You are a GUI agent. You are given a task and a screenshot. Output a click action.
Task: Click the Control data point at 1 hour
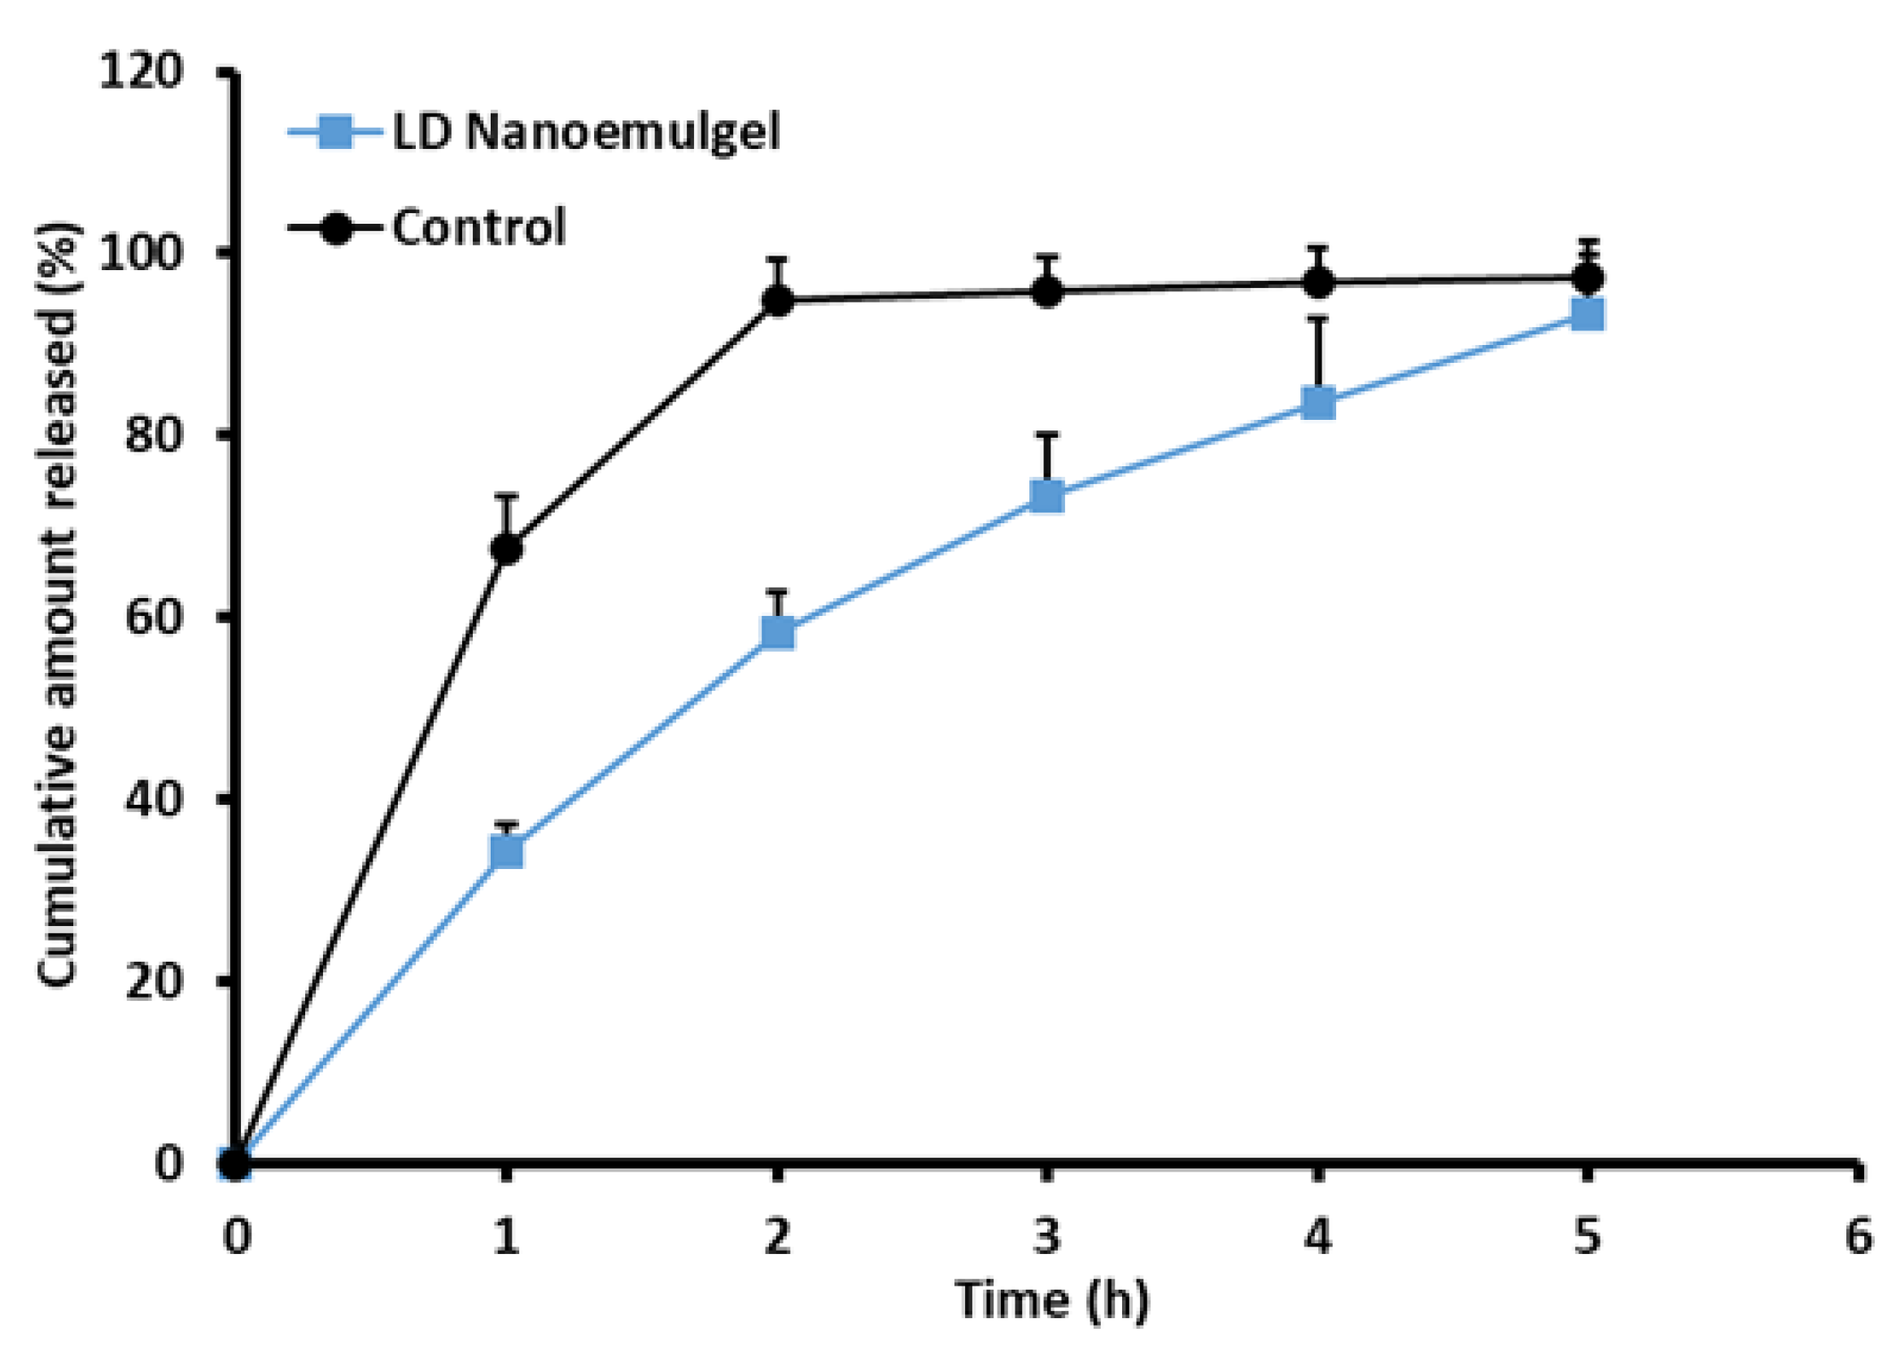coord(507,548)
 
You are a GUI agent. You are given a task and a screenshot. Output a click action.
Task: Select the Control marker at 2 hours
coord(778,300)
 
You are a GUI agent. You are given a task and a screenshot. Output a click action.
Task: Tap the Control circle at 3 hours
coord(1047,292)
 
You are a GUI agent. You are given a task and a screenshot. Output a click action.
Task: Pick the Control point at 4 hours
coord(1318,282)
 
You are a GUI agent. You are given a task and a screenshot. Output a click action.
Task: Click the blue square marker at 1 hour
coord(507,852)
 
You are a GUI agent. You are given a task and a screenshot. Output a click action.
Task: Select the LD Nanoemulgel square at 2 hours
coord(778,633)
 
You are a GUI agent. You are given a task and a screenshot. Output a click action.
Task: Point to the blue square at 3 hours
coord(1047,496)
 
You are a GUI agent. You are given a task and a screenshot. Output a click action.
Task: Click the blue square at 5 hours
coord(1588,315)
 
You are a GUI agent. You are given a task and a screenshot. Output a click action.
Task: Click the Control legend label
coord(479,227)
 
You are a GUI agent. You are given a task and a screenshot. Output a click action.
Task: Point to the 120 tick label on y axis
coord(140,72)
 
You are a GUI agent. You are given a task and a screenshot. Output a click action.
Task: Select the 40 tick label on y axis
coord(154,799)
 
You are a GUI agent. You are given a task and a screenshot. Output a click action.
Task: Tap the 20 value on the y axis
coord(154,981)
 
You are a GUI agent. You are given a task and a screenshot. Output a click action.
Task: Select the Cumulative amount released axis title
coord(59,605)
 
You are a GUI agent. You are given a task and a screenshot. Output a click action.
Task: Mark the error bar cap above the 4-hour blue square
coord(1318,317)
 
